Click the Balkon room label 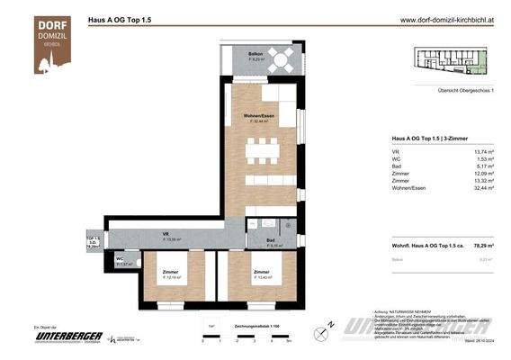point(256,55)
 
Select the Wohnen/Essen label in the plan point(258,118)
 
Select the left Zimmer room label point(171,274)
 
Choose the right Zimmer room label point(261,274)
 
